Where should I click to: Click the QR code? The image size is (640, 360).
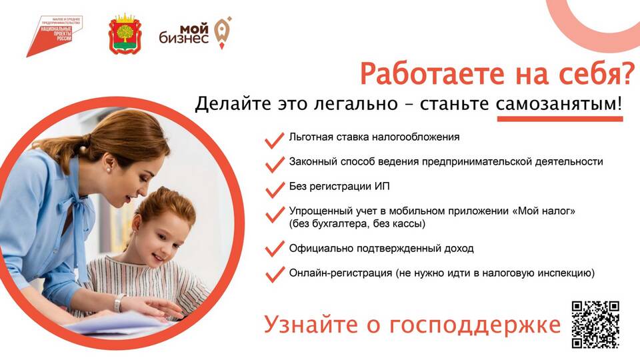[x=595, y=324]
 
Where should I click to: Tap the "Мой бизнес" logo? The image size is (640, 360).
[x=195, y=33]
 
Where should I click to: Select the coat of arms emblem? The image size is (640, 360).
[x=125, y=34]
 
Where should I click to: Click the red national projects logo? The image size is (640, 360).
[x=54, y=36]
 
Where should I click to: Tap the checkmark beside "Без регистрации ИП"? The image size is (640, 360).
[x=275, y=189]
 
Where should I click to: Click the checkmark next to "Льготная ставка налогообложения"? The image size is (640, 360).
[x=275, y=139]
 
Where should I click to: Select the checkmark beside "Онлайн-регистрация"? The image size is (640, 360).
[x=275, y=274]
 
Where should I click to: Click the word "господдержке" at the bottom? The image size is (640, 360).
[x=475, y=325]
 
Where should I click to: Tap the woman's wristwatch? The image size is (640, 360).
[x=119, y=303]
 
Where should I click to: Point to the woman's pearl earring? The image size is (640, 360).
[x=109, y=169]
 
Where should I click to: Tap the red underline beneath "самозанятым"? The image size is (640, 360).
[x=559, y=119]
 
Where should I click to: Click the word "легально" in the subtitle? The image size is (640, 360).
[x=356, y=104]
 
